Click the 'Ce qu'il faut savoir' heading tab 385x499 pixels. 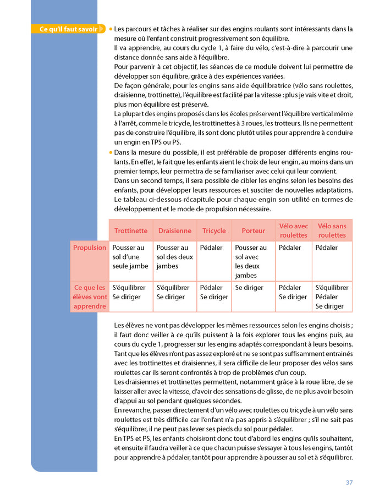tap(69, 29)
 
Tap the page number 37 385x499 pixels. tap(349, 482)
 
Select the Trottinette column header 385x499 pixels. tap(131, 231)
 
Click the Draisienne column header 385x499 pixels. tap(174, 231)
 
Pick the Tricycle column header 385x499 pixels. tap(214, 231)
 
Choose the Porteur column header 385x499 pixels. tap(253, 231)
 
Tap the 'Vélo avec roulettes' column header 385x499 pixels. tap(293, 231)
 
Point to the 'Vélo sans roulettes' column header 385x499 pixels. tap(332, 231)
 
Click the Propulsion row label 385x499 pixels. tap(90, 248)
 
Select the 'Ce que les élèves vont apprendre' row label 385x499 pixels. tap(90, 297)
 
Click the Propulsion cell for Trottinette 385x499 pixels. tap(130, 257)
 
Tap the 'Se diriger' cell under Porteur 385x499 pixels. tap(249, 288)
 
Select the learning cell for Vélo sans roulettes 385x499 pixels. tap(332, 297)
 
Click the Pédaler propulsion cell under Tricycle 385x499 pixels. tap(211, 248)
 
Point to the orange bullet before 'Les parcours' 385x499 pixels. tap(111, 29)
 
